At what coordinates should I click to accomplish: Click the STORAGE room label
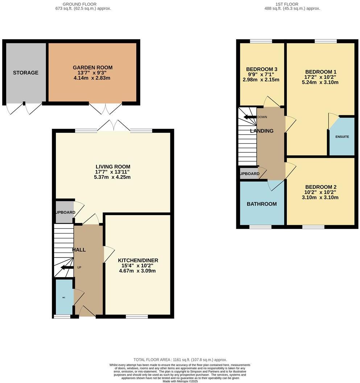tap(25, 73)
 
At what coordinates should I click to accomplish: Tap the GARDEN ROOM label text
tap(92, 67)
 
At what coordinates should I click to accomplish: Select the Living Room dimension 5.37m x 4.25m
tap(112, 177)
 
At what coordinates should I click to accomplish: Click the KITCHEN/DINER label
tap(138, 260)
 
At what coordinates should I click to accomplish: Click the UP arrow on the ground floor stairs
tap(66, 268)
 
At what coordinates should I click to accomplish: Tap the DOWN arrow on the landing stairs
tap(250, 117)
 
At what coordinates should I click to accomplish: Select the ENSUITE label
tap(342, 137)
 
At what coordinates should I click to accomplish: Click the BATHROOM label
tap(261, 204)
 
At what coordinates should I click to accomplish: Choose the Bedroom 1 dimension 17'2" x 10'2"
tap(320, 77)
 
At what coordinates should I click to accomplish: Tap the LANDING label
tap(262, 131)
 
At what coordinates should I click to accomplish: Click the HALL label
tap(79, 250)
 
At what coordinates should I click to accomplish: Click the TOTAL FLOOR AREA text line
tap(180, 359)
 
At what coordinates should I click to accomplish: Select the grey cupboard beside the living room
tap(64, 212)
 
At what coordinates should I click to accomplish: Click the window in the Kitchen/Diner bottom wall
tap(137, 317)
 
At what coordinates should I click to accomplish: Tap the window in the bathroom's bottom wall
tap(260, 227)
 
